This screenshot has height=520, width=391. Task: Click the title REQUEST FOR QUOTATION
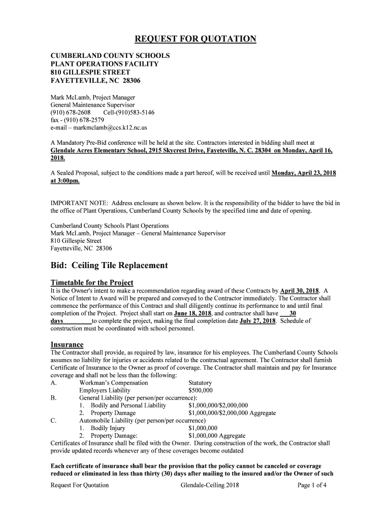click(x=195, y=40)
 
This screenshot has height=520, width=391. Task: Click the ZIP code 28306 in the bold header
click(x=130, y=81)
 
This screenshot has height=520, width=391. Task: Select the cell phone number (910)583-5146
click(x=129, y=112)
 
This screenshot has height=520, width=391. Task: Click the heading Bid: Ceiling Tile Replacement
click(x=109, y=266)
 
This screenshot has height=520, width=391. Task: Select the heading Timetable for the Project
click(x=92, y=282)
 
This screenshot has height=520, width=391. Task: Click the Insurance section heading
click(x=67, y=344)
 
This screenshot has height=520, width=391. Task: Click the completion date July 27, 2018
click(x=257, y=321)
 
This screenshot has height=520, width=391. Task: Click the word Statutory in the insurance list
click(x=200, y=383)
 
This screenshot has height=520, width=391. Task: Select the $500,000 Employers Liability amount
click(x=201, y=391)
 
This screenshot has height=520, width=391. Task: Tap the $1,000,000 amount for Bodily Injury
click(x=203, y=428)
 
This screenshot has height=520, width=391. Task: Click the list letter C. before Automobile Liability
click(x=53, y=420)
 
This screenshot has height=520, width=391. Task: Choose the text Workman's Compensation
click(x=114, y=383)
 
